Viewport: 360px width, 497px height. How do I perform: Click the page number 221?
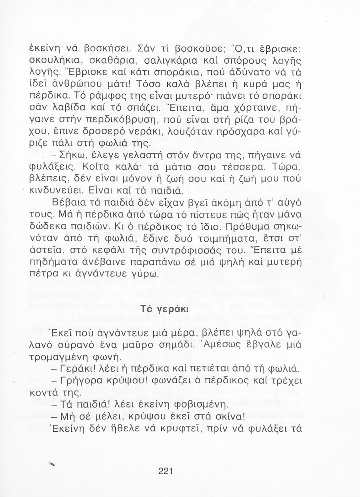tap(166, 471)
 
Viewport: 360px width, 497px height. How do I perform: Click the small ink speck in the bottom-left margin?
tap(51, 464)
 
